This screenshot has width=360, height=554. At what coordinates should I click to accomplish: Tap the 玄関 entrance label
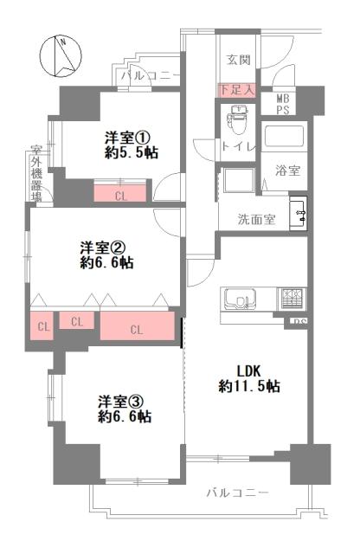pyautogui.click(x=239, y=60)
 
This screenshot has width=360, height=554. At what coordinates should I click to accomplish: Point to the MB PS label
pyautogui.click(x=282, y=105)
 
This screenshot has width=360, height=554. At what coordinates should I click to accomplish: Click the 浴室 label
pyautogui.click(x=287, y=171)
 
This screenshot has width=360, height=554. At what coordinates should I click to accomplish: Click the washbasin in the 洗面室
pyautogui.click(x=299, y=212)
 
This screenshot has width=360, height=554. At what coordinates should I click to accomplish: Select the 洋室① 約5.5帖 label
pyautogui.click(x=131, y=145)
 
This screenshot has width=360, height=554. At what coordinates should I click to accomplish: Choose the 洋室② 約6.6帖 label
pyautogui.click(x=106, y=254)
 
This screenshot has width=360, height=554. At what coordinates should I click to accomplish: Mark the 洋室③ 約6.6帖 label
pyautogui.click(x=124, y=409)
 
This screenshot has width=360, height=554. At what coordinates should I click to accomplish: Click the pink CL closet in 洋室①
pyautogui.click(x=121, y=195)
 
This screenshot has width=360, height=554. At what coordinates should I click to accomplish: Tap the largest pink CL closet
pyautogui.click(x=136, y=328)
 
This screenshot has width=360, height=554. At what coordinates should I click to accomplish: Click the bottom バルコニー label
pyautogui.click(x=236, y=493)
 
